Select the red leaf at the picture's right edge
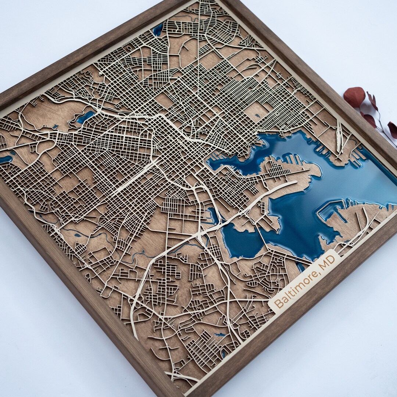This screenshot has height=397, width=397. tap(393, 129)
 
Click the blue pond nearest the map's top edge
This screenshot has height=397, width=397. tap(158, 30)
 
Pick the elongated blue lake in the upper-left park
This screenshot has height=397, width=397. tap(85, 117)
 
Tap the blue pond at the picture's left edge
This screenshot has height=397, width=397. tap(5, 159)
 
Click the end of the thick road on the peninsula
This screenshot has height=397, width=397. tap(296, 182)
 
